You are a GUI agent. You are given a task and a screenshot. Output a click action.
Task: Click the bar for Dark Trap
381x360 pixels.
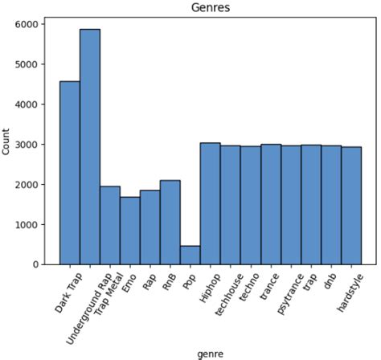[x=69, y=173]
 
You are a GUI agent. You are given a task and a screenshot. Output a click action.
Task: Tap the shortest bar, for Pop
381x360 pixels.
[x=190, y=255]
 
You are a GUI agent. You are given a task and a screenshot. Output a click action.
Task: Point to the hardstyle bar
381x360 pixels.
[x=351, y=206]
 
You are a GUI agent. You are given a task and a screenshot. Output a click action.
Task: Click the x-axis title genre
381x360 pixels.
[x=210, y=353]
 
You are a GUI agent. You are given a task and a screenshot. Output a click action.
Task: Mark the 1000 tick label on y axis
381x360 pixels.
[x=27, y=224]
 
